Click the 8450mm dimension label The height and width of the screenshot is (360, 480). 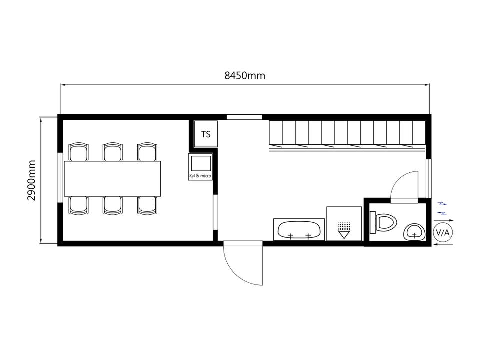coord(245,75)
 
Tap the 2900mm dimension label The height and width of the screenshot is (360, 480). coord(31,180)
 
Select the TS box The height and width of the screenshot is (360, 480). coord(206,134)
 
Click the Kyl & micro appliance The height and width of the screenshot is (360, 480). coord(201,167)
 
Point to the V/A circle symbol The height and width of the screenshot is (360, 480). coord(442,233)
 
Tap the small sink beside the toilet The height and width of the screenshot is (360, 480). coord(414,232)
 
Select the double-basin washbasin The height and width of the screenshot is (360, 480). coord(299,229)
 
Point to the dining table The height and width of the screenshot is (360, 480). coord(112,179)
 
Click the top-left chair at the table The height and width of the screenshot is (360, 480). coord(78,152)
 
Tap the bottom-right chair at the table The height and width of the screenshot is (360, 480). coord(147,205)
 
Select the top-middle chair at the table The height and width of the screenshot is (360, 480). coord(113,152)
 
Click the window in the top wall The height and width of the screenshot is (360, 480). coord(244,117)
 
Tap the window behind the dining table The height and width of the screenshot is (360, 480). coord(60,177)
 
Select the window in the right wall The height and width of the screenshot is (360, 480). coord(429,178)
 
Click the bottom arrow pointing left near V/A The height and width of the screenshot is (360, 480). coord(443,245)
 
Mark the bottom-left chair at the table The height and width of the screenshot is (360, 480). coord(78,205)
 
